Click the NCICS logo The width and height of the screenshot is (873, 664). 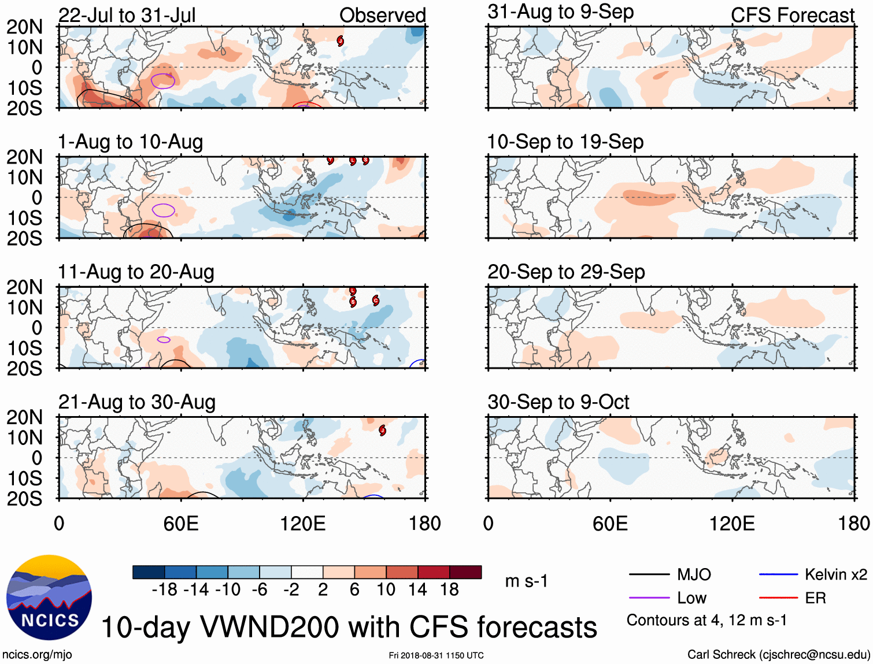[x=49, y=598]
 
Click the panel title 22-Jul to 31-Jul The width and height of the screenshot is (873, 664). [x=127, y=15]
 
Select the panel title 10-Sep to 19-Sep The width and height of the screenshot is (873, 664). [x=565, y=142]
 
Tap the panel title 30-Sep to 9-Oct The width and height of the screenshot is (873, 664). [x=558, y=402]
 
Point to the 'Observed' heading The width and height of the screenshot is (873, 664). [x=382, y=15]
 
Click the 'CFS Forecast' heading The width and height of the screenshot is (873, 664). [x=792, y=15]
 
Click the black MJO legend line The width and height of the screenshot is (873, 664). [x=649, y=574]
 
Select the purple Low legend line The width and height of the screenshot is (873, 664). [x=649, y=598]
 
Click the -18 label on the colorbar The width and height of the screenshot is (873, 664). [x=164, y=589]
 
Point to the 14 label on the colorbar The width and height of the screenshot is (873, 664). [x=417, y=589]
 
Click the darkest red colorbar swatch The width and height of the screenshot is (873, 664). [x=465, y=572]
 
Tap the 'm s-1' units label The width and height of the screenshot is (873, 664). [x=526, y=581]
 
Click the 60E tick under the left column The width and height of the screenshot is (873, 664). [x=181, y=524]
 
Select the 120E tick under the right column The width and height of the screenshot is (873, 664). [x=732, y=524]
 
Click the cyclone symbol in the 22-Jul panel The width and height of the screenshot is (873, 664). [x=341, y=40]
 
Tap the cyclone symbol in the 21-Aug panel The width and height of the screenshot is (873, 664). [x=382, y=430]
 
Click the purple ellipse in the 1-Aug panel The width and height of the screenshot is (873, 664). [x=164, y=210]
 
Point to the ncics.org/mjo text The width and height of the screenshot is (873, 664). [x=37, y=654]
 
